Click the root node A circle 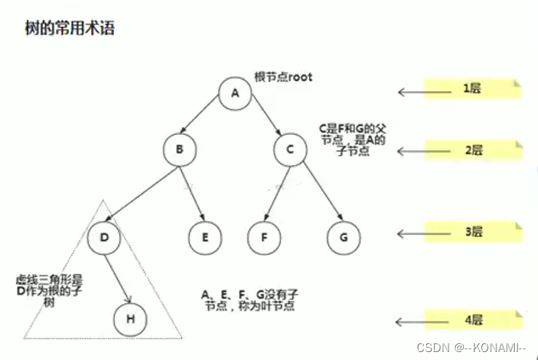235,93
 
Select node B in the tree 180,148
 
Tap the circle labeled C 290,148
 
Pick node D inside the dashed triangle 105,236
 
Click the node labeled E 206,236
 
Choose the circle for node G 343,236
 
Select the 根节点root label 283,77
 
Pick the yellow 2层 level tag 474,149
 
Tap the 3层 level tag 474,232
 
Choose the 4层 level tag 474,320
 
